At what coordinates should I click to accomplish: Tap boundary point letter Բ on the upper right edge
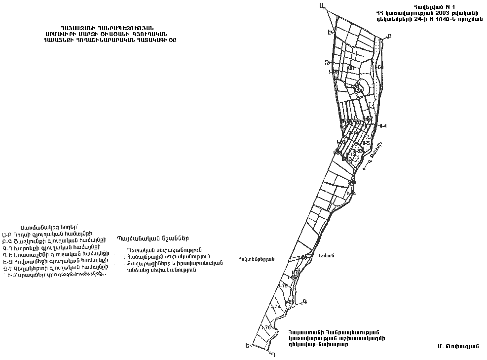pyautogui.click(x=388, y=36)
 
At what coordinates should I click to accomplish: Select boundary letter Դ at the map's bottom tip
pyautogui.click(x=272, y=354)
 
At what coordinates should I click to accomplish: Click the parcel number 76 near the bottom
pyautogui.click(x=267, y=327)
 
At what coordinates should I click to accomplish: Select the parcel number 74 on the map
pyautogui.click(x=276, y=307)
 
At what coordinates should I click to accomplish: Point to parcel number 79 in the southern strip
pyautogui.click(x=284, y=286)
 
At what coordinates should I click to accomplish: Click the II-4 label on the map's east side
pyautogui.click(x=383, y=126)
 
